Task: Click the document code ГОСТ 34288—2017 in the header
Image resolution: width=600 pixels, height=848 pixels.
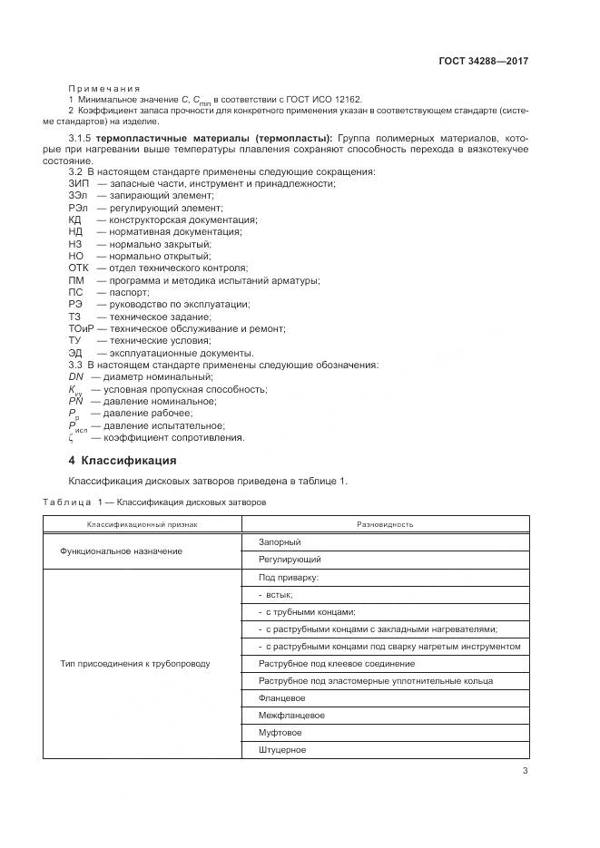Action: [483, 62]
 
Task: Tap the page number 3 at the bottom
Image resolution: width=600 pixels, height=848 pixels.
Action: [525, 772]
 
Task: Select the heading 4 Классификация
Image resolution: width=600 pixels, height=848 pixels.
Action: [123, 460]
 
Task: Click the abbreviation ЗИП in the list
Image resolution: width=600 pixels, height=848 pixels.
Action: [79, 183]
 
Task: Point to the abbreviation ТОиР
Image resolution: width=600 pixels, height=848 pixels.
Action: [83, 328]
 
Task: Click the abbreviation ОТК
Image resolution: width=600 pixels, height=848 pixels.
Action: [80, 268]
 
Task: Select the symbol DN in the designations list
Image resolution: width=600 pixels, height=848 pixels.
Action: [76, 376]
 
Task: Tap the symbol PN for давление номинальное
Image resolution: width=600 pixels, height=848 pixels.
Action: [77, 401]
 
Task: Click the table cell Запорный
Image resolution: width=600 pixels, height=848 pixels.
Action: [280, 541]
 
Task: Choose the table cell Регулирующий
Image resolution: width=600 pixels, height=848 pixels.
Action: [290, 560]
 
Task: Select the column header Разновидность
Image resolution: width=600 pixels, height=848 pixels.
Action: [385, 523]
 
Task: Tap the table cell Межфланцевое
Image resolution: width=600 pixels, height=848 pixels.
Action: [291, 715]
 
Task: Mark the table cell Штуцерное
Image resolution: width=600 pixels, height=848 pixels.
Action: [282, 749]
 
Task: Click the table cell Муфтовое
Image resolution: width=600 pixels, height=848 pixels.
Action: [280, 732]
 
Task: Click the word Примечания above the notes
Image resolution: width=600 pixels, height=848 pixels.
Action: [102, 88]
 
